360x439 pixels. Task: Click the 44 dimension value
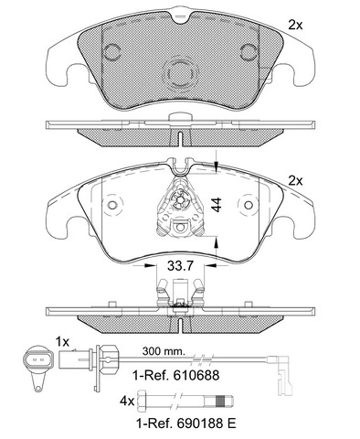(x=217, y=204)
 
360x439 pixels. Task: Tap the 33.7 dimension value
(x=180, y=266)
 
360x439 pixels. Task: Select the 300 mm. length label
(x=164, y=351)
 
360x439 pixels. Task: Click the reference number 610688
(x=196, y=375)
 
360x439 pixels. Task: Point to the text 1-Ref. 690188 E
(x=185, y=423)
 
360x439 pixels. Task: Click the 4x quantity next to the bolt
(x=127, y=402)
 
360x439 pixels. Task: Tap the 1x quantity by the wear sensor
(x=62, y=342)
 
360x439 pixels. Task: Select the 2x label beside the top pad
(x=295, y=26)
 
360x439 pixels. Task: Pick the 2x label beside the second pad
(x=295, y=181)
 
